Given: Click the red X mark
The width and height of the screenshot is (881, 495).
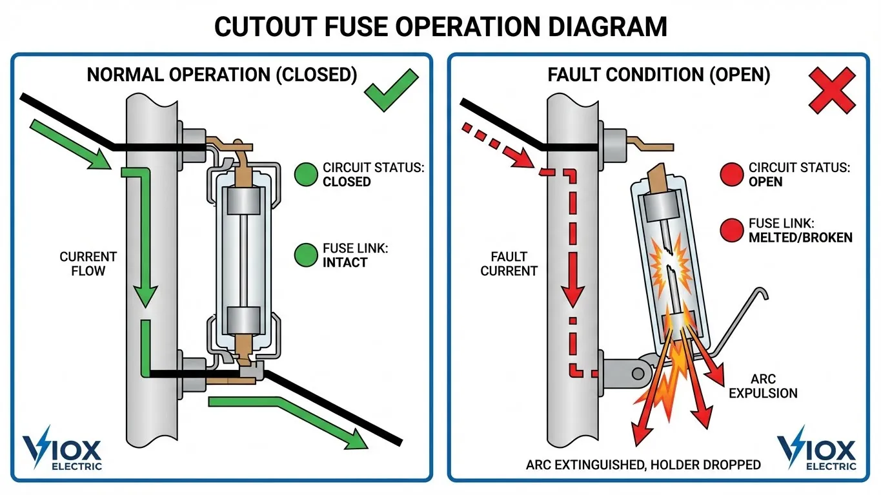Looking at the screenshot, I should click(x=832, y=92).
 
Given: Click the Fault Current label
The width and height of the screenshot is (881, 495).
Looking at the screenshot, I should click(x=509, y=264).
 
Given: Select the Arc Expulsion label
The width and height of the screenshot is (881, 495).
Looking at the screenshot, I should click(x=763, y=385).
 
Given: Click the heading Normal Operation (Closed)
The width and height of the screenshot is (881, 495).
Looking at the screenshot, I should click(x=221, y=75).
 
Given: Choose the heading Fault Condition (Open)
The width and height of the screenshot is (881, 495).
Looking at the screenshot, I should click(x=658, y=75).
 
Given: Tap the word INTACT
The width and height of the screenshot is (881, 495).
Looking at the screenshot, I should click(x=345, y=262).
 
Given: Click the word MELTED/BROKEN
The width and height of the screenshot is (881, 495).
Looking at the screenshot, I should click(x=800, y=237).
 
